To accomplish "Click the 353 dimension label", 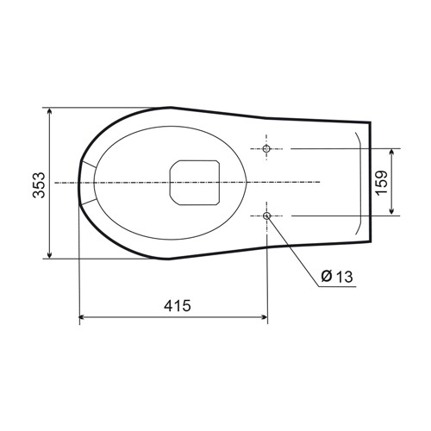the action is click(x=39, y=185).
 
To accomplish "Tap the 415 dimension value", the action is click(x=178, y=306).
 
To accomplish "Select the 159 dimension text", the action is click(x=382, y=183).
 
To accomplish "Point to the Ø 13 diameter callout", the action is click(x=337, y=277).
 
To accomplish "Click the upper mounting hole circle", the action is click(x=266, y=148).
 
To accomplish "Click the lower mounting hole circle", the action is click(x=267, y=215).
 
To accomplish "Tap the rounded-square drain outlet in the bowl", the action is click(x=195, y=183).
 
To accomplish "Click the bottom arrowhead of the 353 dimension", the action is click(x=50, y=254).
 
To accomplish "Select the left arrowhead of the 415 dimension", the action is click(x=83, y=317).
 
